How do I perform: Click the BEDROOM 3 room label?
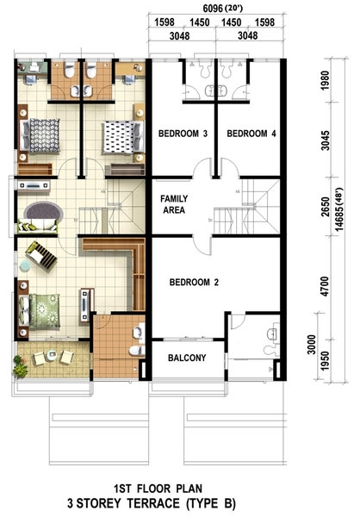[183, 134]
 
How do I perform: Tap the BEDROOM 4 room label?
[251, 134]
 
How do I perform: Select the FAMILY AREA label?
[174, 204]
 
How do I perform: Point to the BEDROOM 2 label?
[194, 283]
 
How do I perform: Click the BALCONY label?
[187, 358]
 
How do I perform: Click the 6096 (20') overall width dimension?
[223, 9]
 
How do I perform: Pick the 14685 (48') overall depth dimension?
[338, 209]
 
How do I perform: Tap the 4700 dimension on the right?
[325, 286]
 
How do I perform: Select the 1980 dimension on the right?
[325, 80]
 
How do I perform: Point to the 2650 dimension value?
[325, 207]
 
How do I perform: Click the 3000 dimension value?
[312, 345]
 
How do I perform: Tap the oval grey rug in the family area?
[45, 211]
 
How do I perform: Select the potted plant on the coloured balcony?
[20, 366]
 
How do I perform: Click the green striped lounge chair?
[41, 256]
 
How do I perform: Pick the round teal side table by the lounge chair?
[25, 265]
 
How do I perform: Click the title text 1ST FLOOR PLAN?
[158, 489]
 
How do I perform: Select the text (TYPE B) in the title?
[211, 503]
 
